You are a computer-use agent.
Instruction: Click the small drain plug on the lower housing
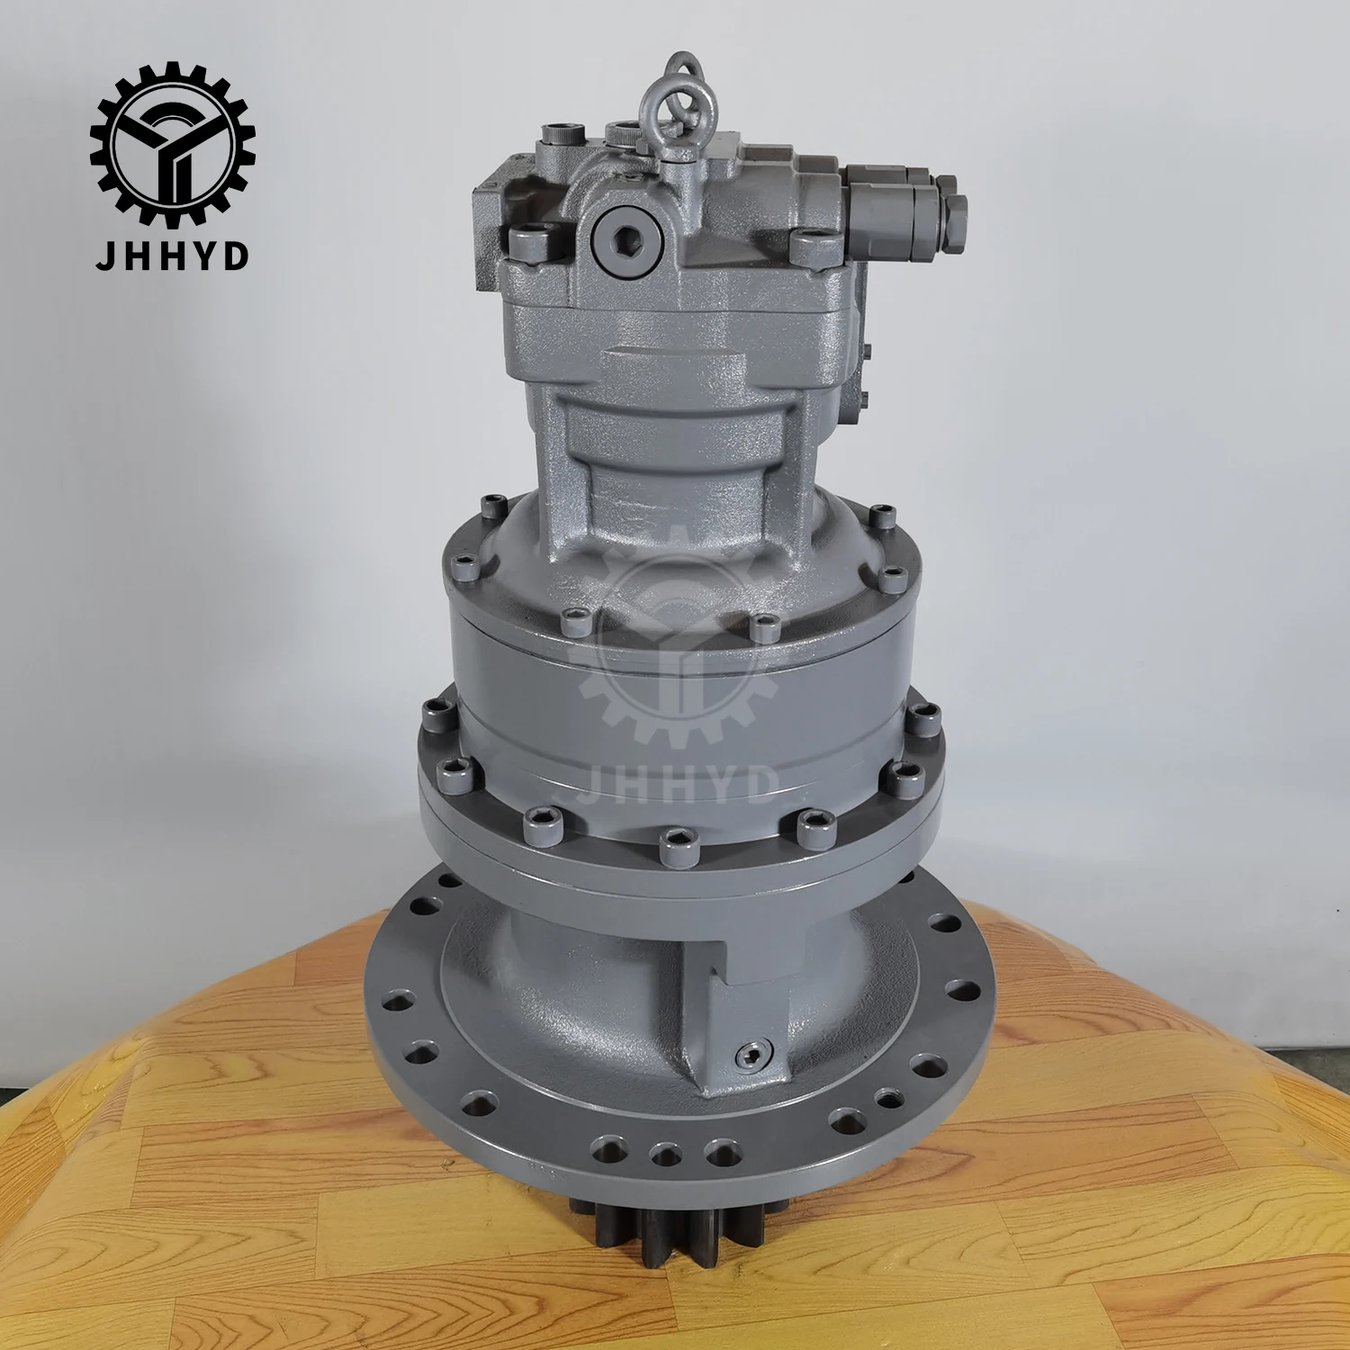click(x=749, y=1053)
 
